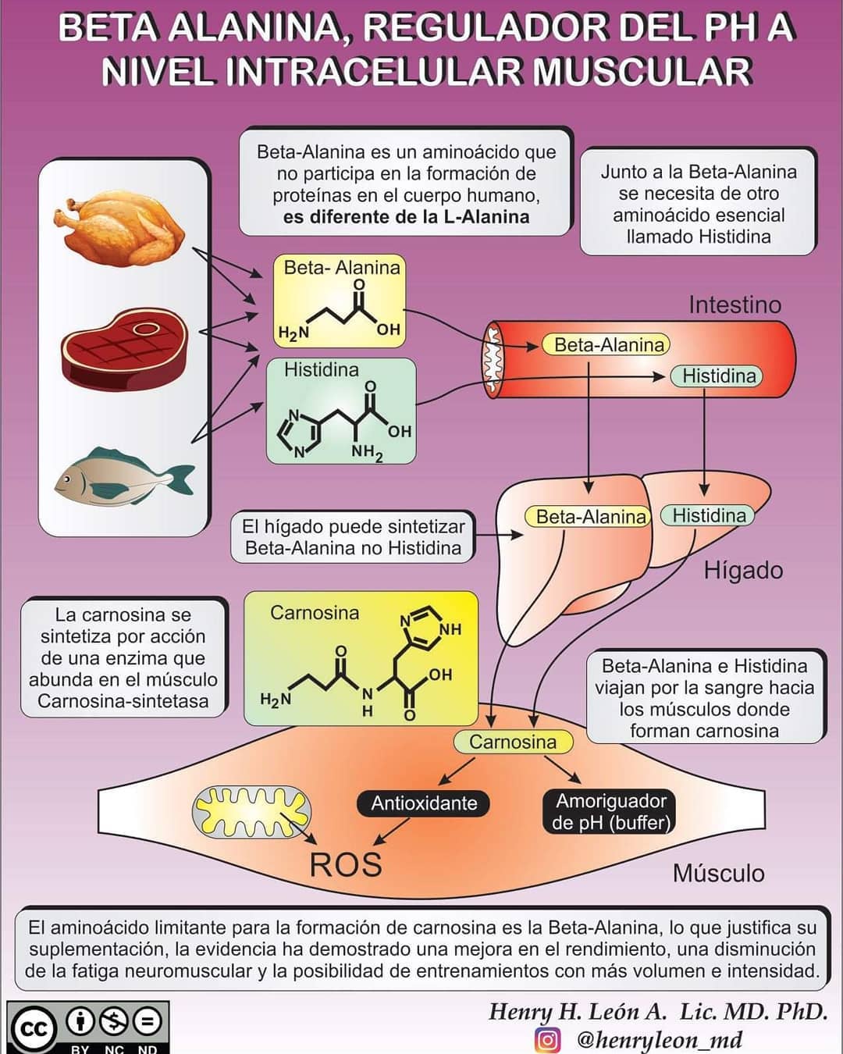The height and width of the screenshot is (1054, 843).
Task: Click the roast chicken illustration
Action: tap(119, 228)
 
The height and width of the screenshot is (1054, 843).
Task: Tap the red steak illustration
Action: tap(124, 348)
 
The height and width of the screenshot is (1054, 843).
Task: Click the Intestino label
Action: tap(735, 304)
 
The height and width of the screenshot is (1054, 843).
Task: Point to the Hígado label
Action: tap(743, 570)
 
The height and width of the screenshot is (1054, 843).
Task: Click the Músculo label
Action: tap(719, 873)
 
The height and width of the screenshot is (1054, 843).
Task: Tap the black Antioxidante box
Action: tap(424, 803)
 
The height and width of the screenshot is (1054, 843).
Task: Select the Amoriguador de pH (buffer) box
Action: tap(610, 811)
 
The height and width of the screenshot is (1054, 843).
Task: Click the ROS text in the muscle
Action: tap(346, 864)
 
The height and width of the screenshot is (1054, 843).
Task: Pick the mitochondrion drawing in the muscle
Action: tap(251, 811)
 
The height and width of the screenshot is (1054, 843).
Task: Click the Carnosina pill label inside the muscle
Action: tap(513, 742)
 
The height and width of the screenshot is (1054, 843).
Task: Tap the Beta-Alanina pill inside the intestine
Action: tap(606, 345)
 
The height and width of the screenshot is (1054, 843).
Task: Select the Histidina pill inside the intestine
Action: tap(716, 376)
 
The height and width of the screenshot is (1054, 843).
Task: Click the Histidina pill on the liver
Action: tap(707, 515)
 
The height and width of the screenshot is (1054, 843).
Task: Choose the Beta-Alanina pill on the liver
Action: tap(588, 517)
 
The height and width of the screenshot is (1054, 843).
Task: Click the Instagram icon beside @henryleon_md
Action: tap(548, 1039)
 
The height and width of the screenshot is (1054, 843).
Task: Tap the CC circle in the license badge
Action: tap(34, 1029)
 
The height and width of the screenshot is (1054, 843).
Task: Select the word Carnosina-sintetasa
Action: tap(123, 701)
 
